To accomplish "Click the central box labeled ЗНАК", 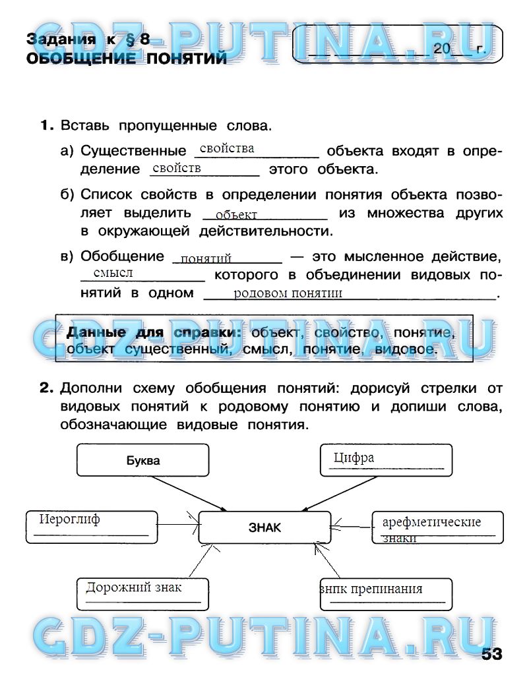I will [264, 527].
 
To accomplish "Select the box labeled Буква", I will [143, 460].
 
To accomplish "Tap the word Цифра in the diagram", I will [354, 458].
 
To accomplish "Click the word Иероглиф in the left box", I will [69, 519].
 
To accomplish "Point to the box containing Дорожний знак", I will [142, 593].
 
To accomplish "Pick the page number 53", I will [491, 654].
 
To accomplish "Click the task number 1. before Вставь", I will [46, 125].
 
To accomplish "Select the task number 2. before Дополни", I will [46, 389].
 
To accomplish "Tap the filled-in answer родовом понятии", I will [288, 293].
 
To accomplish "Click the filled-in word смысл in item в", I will [113, 273].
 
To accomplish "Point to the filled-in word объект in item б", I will [235, 215].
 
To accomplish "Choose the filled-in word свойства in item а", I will [227, 149].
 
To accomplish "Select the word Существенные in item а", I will [133, 151].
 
